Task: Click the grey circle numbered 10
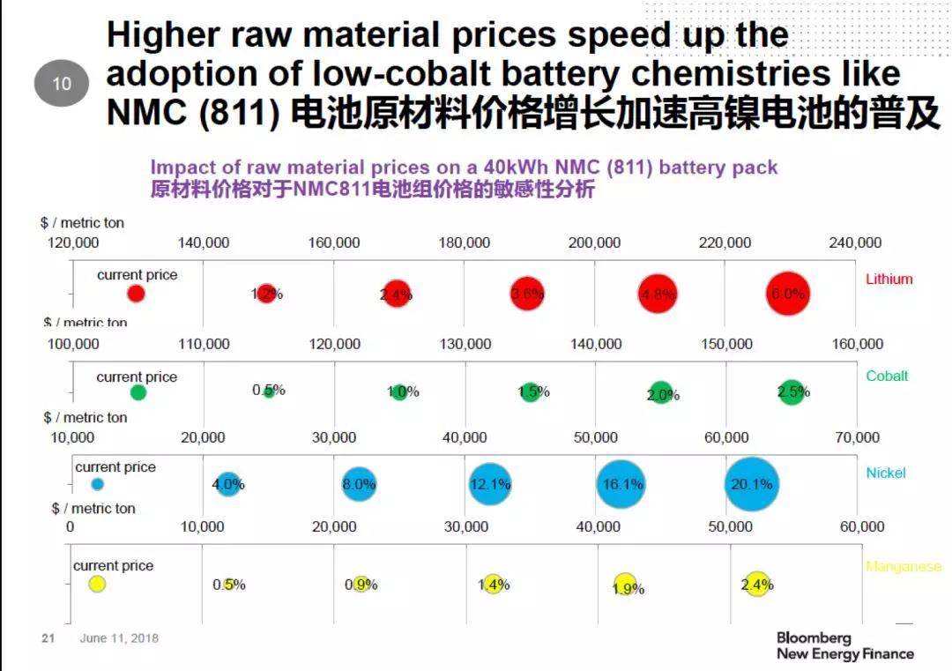click(x=62, y=84)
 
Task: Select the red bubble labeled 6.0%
click(x=788, y=294)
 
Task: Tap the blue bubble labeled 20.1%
click(x=752, y=484)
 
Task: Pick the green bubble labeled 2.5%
click(x=792, y=391)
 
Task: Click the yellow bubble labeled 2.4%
click(x=757, y=584)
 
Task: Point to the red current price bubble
click(x=136, y=294)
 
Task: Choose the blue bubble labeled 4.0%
click(x=227, y=484)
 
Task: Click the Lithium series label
click(x=889, y=279)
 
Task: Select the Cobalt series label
click(x=886, y=376)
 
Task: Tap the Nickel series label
click(x=885, y=473)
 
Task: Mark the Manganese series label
click(x=903, y=567)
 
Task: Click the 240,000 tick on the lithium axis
click(x=854, y=243)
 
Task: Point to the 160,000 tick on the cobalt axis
click(x=857, y=344)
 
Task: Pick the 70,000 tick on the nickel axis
click(x=857, y=437)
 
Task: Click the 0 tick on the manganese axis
click(x=71, y=527)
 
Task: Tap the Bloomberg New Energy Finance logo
click(x=844, y=645)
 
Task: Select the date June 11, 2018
click(x=119, y=637)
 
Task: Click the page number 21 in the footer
click(x=48, y=637)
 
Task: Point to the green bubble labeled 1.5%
click(x=530, y=391)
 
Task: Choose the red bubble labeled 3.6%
click(x=527, y=294)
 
